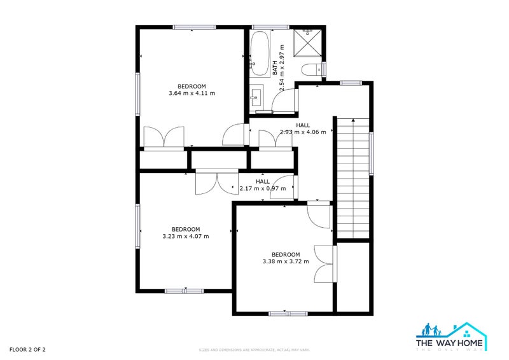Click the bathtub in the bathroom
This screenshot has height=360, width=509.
260,50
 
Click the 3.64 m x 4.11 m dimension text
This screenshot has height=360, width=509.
192,93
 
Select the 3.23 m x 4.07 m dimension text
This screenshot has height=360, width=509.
185,236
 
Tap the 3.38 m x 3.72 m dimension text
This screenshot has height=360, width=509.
286,261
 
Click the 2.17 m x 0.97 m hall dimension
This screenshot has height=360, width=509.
262,188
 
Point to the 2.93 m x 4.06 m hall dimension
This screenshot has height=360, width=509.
303,132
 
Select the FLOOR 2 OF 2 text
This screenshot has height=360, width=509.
27,349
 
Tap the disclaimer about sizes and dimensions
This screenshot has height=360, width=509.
254,350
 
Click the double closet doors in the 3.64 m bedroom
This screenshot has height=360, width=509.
164,137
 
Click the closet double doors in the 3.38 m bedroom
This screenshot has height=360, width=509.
324,263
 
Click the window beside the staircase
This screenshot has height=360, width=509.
372,153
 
